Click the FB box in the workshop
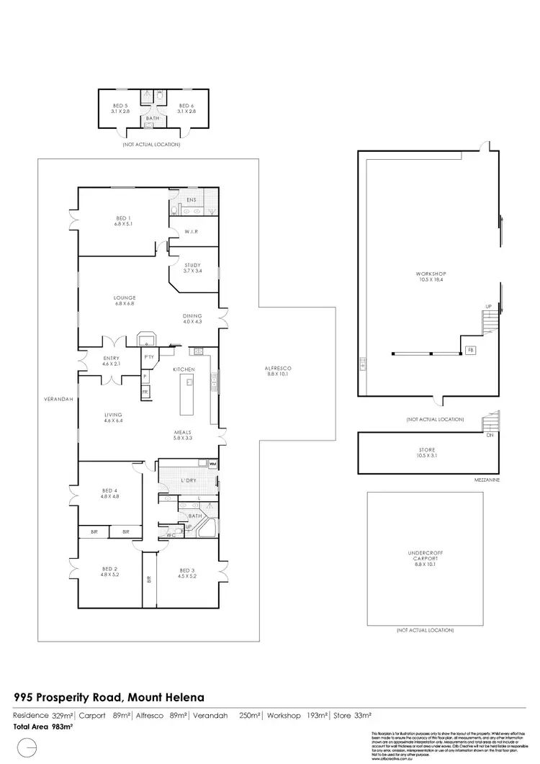pos(470,350)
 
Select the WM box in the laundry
pos(212,464)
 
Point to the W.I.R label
pos(191,231)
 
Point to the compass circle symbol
pos(26,747)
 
